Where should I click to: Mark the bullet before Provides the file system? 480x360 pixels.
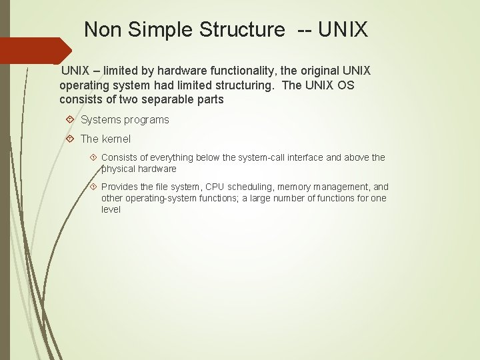[x=93, y=187]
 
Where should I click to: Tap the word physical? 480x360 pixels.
[x=119, y=169]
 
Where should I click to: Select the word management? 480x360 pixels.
[x=341, y=187]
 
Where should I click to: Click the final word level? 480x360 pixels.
[x=111, y=209]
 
